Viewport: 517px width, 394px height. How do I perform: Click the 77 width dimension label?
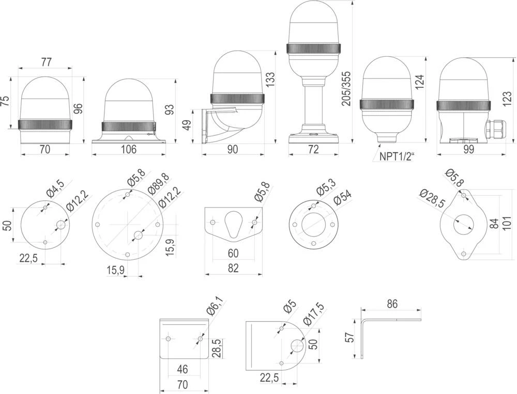tap(46, 62)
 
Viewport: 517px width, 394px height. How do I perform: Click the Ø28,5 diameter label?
tap(432, 199)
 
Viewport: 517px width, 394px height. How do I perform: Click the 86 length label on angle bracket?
tap(392, 304)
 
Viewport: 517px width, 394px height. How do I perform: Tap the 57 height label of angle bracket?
tap(350, 338)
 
